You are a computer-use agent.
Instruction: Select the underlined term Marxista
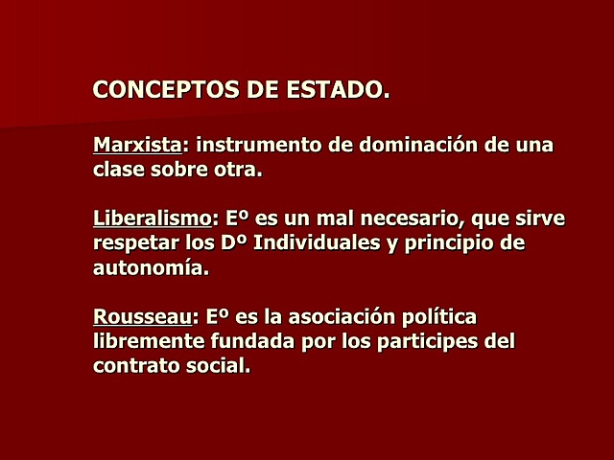pyautogui.click(x=137, y=147)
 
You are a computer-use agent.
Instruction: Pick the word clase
pyautogui.click(x=120, y=172)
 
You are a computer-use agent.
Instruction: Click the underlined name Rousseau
pyautogui.click(x=143, y=316)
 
